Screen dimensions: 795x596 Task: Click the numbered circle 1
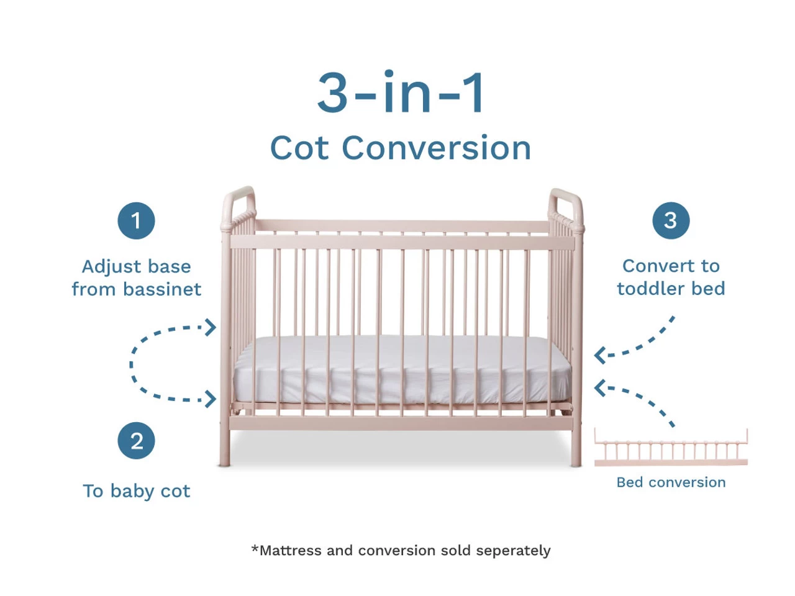coord(136,220)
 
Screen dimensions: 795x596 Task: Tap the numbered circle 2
coord(136,440)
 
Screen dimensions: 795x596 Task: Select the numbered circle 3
coord(671,220)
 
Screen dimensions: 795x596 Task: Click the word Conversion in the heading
coord(436,148)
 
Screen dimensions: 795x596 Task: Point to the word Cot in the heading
coord(299,148)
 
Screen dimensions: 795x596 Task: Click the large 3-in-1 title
coord(400,92)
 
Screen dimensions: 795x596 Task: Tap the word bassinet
coord(162,289)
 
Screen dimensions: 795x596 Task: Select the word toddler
coord(651,289)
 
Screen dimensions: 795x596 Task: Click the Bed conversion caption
coord(671,482)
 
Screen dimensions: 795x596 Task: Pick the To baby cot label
coord(136,490)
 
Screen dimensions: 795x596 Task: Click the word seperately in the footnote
coord(513,551)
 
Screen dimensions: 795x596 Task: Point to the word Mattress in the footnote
coord(291,551)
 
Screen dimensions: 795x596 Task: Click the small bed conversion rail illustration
coord(671,447)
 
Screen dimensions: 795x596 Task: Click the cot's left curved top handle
coord(239,206)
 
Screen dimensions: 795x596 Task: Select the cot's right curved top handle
coord(566,208)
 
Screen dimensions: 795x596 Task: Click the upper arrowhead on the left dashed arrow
coord(210,328)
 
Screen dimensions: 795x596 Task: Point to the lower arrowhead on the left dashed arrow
coord(210,399)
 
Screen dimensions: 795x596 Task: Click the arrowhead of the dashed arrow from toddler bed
coord(600,355)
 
